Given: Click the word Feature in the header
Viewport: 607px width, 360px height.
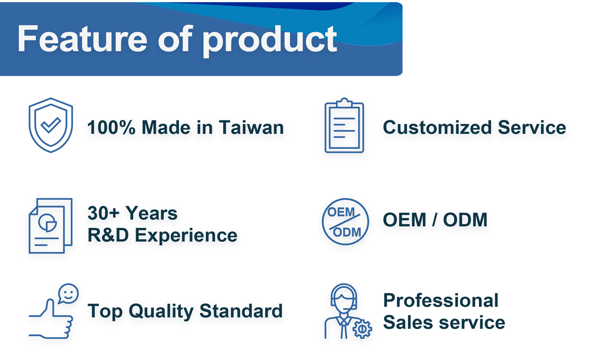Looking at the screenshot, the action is [x=82, y=38].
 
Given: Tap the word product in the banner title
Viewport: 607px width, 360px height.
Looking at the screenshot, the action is [x=270, y=40].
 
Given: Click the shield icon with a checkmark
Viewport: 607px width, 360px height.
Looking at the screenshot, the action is [x=51, y=125].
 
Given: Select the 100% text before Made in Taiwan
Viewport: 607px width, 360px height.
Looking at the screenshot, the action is [x=111, y=127].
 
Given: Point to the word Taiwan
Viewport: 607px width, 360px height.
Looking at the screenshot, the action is [x=251, y=127].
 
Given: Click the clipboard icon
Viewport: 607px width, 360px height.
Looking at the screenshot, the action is [x=344, y=125].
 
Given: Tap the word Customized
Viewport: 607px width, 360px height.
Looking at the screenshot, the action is [x=437, y=127].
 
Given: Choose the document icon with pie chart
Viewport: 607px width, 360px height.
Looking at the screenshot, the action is [x=51, y=226].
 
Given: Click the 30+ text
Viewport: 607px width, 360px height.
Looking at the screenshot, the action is [x=103, y=213].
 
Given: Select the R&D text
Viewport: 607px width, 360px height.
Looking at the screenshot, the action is [x=108, y=235].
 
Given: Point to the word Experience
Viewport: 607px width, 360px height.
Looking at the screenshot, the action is [x=186, y=236].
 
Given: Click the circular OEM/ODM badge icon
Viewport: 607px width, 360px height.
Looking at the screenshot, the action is [x=345, y=221].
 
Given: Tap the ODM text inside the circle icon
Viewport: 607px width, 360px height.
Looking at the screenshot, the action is [x=347, y=232].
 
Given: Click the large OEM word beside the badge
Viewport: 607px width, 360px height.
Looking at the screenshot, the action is [x=405, y=219].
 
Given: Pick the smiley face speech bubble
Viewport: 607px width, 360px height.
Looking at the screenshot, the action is [x=68, y=294].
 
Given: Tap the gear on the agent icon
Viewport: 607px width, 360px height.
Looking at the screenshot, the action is [x=362, y=329].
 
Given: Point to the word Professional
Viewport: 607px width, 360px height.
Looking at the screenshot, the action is [x=441, y=300].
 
